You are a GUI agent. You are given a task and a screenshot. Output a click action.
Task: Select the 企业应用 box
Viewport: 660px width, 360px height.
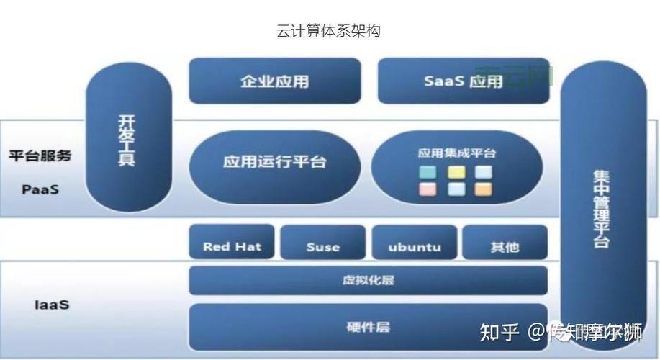coord(274,81)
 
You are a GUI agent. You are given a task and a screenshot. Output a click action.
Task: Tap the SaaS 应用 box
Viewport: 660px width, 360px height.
coord(463,81)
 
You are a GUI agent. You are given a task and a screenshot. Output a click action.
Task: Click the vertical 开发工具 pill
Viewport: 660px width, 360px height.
coord(128,140)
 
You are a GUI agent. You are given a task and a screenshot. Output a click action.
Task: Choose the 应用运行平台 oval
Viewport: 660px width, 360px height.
coord(274,161)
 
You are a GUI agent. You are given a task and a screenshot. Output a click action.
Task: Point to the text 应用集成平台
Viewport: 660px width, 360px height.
coord(456,153)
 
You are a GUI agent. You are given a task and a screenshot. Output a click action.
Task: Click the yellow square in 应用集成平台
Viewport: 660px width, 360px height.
coord(456,172)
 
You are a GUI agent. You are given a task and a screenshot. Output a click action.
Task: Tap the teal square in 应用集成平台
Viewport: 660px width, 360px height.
coord(428,172)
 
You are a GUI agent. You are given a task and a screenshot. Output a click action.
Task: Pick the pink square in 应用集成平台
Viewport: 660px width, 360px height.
coord(428,189)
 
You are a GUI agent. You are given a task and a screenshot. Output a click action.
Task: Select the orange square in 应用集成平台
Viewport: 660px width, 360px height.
coord(484,189)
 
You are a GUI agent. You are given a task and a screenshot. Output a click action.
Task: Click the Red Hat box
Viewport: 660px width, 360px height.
coord(232,246)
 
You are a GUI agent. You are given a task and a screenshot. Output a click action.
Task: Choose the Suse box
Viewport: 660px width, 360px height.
coord(322,246)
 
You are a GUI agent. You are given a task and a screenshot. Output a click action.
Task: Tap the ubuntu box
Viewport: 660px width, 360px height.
coord(414,246)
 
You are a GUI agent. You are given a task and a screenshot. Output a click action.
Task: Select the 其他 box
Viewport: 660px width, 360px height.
coord(505,246)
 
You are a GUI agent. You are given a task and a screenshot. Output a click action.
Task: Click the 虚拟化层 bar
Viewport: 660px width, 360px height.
coord(368,280)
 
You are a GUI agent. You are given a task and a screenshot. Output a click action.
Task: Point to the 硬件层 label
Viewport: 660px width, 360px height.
coord(368,327)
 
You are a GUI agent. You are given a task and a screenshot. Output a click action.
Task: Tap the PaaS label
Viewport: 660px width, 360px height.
coord(40,190)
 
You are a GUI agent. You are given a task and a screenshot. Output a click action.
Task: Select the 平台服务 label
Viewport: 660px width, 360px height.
coord(40,156)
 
